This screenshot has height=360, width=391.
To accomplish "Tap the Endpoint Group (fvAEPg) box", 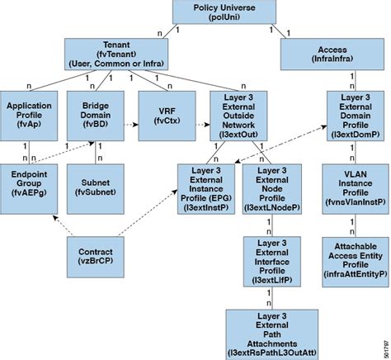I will click(30, 182).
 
